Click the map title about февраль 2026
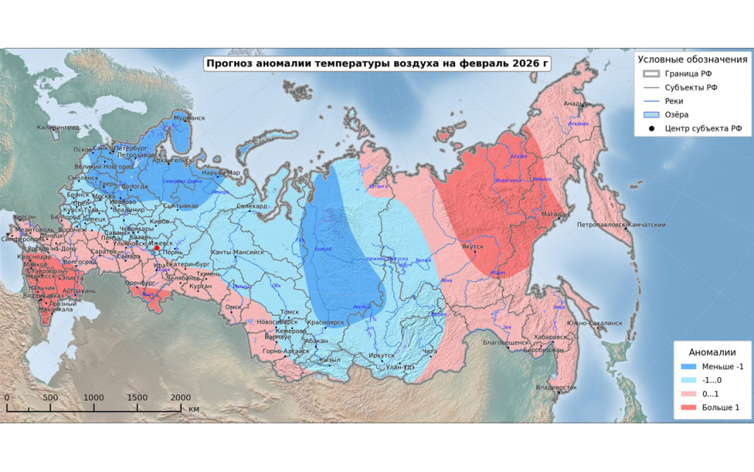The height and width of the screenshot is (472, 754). point(377,64)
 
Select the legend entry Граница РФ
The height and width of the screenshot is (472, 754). point(688,74)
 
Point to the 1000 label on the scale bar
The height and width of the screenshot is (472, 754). point(94,398)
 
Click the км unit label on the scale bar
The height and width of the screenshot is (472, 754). point(194,408)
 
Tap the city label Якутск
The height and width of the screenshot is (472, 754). point(476,248)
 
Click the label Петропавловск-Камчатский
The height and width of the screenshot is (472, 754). point(622,225)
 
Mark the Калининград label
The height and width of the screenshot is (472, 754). point(57,128)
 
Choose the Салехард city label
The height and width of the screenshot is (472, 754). point(252,207)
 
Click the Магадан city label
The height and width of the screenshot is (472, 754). point(555,214)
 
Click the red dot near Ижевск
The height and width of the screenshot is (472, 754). point(156,248)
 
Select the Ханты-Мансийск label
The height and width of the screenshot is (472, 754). point(237,253)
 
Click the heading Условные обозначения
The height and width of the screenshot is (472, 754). point(692,59)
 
